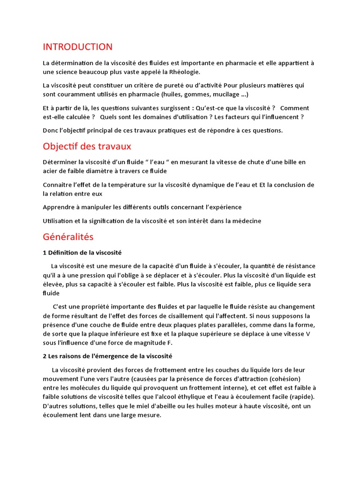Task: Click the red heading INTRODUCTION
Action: tap(77, 47)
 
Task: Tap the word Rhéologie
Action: tap(185, 72)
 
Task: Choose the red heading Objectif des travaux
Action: tap(87, 146)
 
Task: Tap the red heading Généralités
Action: tap(68, 237)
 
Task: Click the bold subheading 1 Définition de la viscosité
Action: tap(82, 253)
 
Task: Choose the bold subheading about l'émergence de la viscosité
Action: tap(107, 356)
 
